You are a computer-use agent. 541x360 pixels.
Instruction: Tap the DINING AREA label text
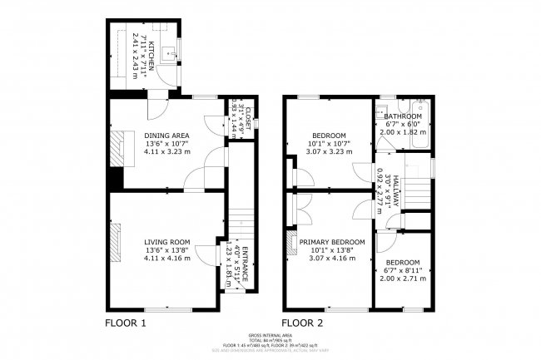[167, 136]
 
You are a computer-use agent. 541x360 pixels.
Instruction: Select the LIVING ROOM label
[167, 242]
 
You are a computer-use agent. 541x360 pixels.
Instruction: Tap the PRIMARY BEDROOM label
[331, 242]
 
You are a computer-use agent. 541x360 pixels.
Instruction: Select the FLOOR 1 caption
[126, 323]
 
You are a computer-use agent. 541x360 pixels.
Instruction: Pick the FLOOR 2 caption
[302, 323]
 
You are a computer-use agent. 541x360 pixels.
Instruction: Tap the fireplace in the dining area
[122, 150]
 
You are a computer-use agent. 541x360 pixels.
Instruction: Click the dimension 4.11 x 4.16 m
[167, 259]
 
